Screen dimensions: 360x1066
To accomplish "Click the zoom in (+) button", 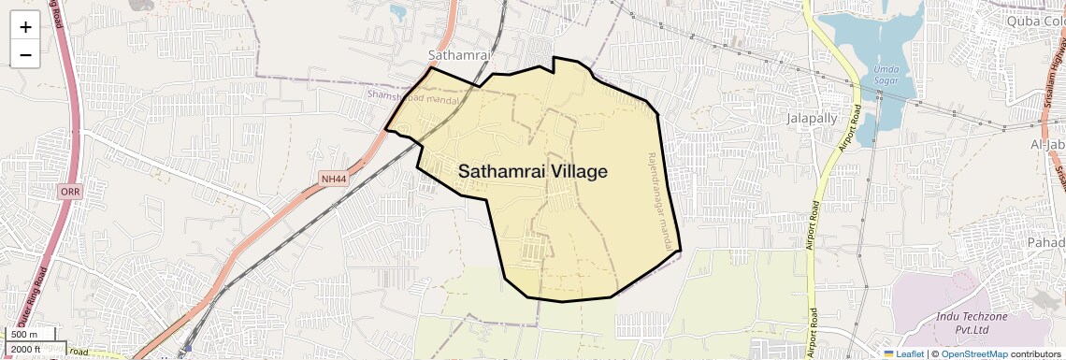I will click(25, 28).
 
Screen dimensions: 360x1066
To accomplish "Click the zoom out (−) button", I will click(25, 55).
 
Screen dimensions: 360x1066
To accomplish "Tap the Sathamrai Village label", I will click(533, 172).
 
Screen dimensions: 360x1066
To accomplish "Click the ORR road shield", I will click(70, 191).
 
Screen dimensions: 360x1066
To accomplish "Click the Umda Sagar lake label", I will click(885, 75).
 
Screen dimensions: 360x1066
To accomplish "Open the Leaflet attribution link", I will click(903, 353).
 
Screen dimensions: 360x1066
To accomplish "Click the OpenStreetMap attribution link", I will click(973, 353).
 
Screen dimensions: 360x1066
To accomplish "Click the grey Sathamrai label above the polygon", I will click(459, 55).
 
